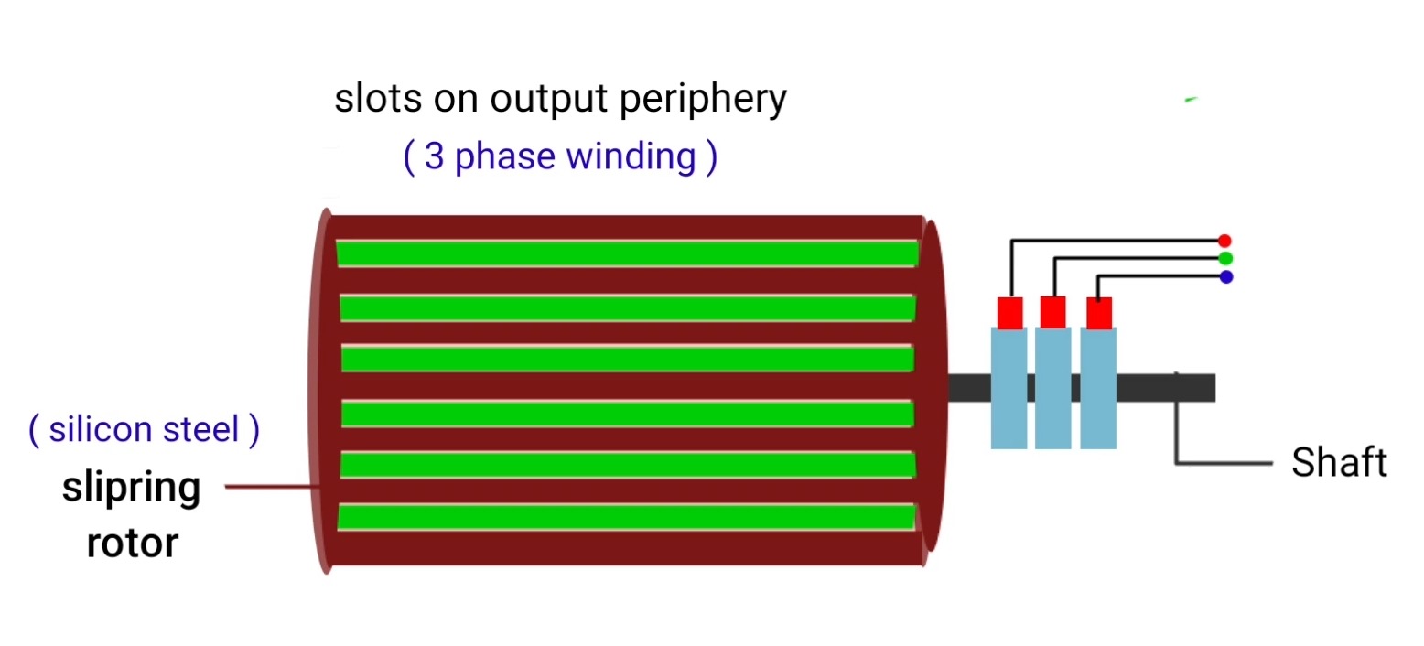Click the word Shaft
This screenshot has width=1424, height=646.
coord(1339,463)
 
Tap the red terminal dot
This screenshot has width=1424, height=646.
coord(1225,241)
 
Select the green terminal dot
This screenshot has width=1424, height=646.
coord(1225,258)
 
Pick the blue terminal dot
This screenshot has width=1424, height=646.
coord(1225,276)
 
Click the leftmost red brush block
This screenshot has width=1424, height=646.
coord(1009,313)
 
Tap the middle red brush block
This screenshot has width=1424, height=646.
coord(1053,312)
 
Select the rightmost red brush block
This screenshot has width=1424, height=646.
coord(1098,313)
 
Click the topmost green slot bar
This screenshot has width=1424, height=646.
coord(627,253)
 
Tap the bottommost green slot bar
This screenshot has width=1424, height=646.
coord(627,517)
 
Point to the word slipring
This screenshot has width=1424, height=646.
coord(131,489)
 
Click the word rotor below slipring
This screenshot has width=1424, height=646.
coord(132,544)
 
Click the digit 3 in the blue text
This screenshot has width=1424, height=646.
coord(435,157)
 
